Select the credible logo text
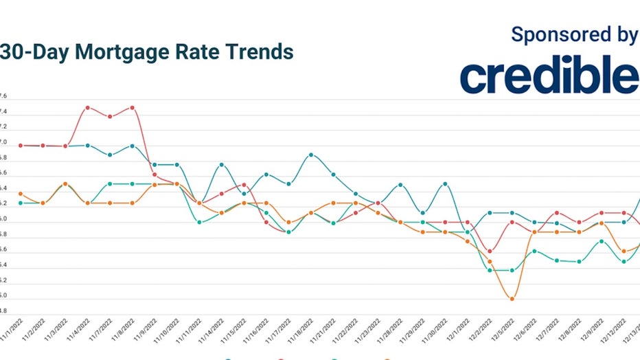(549, 76)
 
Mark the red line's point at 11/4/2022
(88, 108)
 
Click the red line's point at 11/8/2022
(132, 108)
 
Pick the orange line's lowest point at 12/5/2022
(512, 298)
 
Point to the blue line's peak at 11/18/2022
(311, 155)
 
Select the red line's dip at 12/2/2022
(490, 251)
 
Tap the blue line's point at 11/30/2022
(445, 184)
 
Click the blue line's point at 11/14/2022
(222, 165)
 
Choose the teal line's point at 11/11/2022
(200, 222)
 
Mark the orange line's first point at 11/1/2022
(21, 194)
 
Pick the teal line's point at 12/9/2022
(602, 241)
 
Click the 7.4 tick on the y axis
(3, 111)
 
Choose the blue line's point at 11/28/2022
(400, 185)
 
